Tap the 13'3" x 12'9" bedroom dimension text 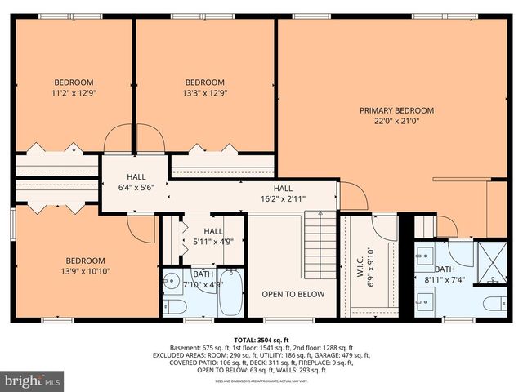[204, 93]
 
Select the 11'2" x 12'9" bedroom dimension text [74, 93]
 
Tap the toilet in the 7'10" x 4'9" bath [176, 306]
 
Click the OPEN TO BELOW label [293, 294]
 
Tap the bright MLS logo [33, 381]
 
